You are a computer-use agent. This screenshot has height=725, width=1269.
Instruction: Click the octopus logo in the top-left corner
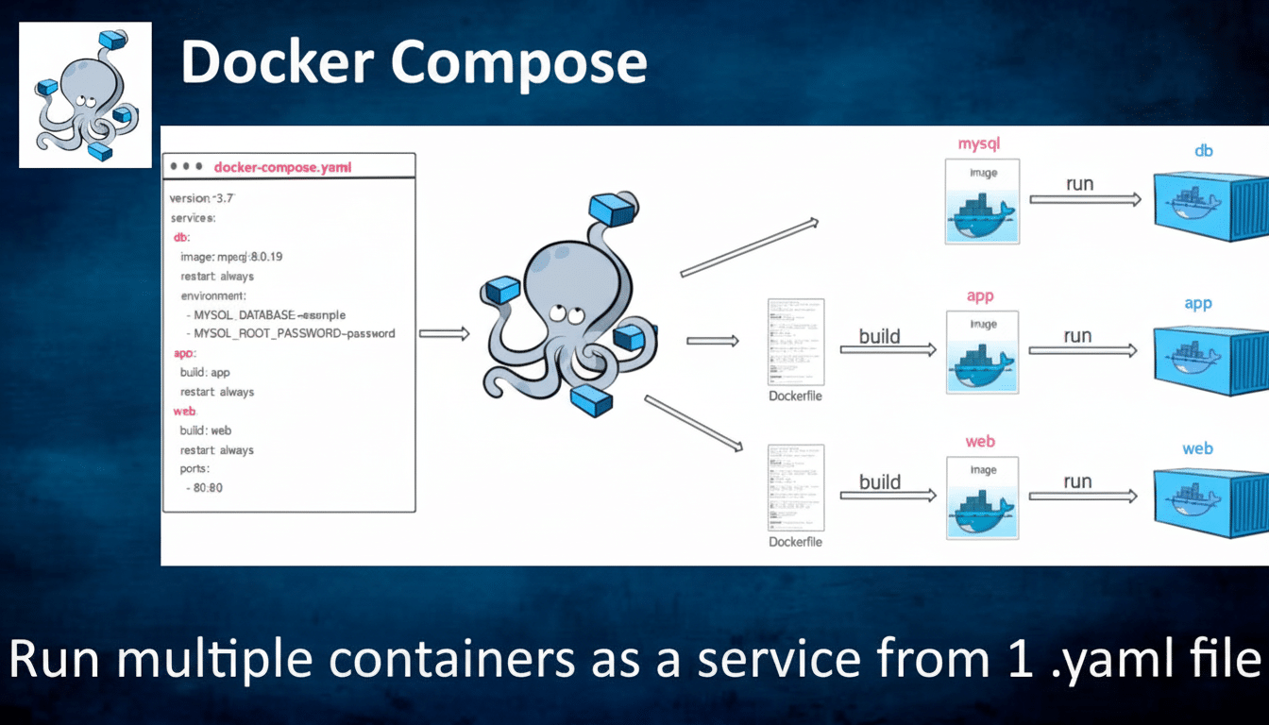coord(85,94)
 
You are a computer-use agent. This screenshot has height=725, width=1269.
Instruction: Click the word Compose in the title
coord(518,63)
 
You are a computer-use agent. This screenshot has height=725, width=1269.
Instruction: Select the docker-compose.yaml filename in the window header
coord(283,167)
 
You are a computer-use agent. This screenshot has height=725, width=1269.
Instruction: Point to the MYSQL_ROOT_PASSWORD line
coord(295,333)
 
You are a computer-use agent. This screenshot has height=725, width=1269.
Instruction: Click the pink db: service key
coord(181,237)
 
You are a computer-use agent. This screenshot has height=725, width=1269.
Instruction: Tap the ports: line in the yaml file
coord(195,468)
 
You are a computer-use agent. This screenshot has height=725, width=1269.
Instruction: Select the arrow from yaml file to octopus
coord(443,333)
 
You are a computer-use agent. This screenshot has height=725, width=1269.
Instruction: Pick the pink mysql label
coord(978,144)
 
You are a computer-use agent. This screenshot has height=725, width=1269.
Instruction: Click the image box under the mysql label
coord(982,201)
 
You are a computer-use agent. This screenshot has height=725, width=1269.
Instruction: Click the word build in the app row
coord(879,336)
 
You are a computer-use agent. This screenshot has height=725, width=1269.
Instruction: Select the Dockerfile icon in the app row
coord(795,341)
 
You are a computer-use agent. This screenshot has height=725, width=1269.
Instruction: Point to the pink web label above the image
coord(980,442)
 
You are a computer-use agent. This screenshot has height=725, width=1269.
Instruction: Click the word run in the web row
coord(1077,481)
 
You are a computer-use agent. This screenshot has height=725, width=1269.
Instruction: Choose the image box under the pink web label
coord(982,498)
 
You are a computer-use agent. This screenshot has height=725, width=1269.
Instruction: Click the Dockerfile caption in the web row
coord(795,542)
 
